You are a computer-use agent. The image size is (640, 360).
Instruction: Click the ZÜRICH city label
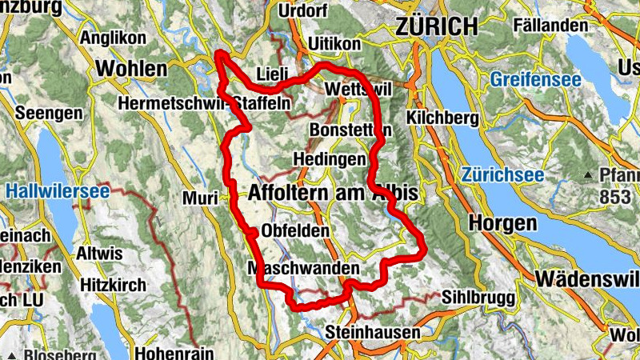tap(436, 26)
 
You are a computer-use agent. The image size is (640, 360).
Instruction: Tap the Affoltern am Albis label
tap(333, 194)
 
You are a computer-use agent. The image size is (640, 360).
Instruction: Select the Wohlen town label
tap(131, 69)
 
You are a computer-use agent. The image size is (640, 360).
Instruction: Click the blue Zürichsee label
tap(502, 175)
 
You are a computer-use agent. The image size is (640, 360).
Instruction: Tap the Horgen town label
tap(502, 223)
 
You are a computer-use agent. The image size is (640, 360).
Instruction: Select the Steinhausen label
tap(373, 331)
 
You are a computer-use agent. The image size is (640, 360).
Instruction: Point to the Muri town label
tap(200, 198)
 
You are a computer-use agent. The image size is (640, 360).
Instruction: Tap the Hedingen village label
tap(330, 159)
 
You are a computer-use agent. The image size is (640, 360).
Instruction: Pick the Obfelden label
tap(295, 231)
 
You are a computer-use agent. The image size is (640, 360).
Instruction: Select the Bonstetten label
tap(350, 130)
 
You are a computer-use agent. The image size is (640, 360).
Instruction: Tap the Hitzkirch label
tap(114, 285)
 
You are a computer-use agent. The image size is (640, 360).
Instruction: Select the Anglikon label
tap(113, 38)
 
